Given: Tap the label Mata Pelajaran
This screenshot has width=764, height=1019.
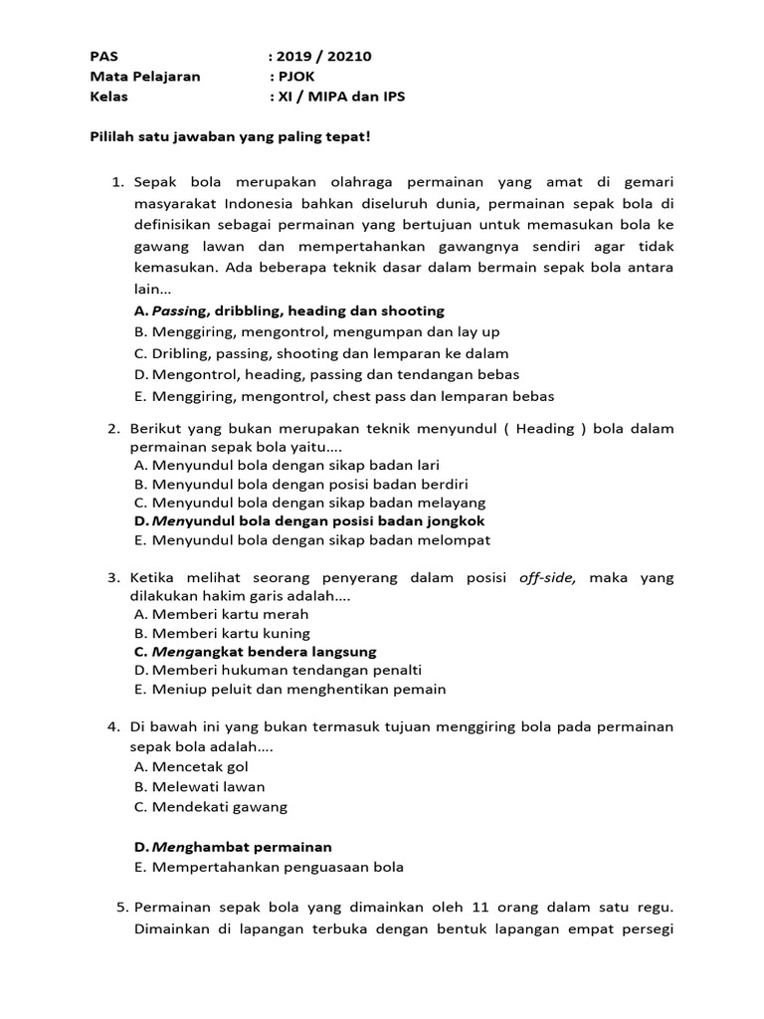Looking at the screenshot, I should coord(145,77).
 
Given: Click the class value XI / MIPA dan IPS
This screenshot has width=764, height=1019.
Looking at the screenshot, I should coord(342,97).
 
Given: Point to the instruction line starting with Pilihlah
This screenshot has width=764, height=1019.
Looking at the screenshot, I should coord(230,136).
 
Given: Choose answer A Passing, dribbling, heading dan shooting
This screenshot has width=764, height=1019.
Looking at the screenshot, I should coord(288,311).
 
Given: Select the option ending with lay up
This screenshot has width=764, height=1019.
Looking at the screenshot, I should coord(316,332).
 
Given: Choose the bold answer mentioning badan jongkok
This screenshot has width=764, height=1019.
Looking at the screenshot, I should coord(308,520).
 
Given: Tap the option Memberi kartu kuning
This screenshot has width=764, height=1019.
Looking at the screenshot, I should coord(222,633).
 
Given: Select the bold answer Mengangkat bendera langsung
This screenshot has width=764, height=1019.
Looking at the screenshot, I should coord(255,652).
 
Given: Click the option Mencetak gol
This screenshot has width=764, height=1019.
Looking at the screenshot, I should coord(191,767).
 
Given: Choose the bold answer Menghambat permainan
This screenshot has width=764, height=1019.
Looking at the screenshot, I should coord(233,847).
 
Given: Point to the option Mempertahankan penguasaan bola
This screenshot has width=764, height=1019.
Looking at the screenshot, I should coord(269,867).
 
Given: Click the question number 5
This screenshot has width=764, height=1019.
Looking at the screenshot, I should coord(122,908).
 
